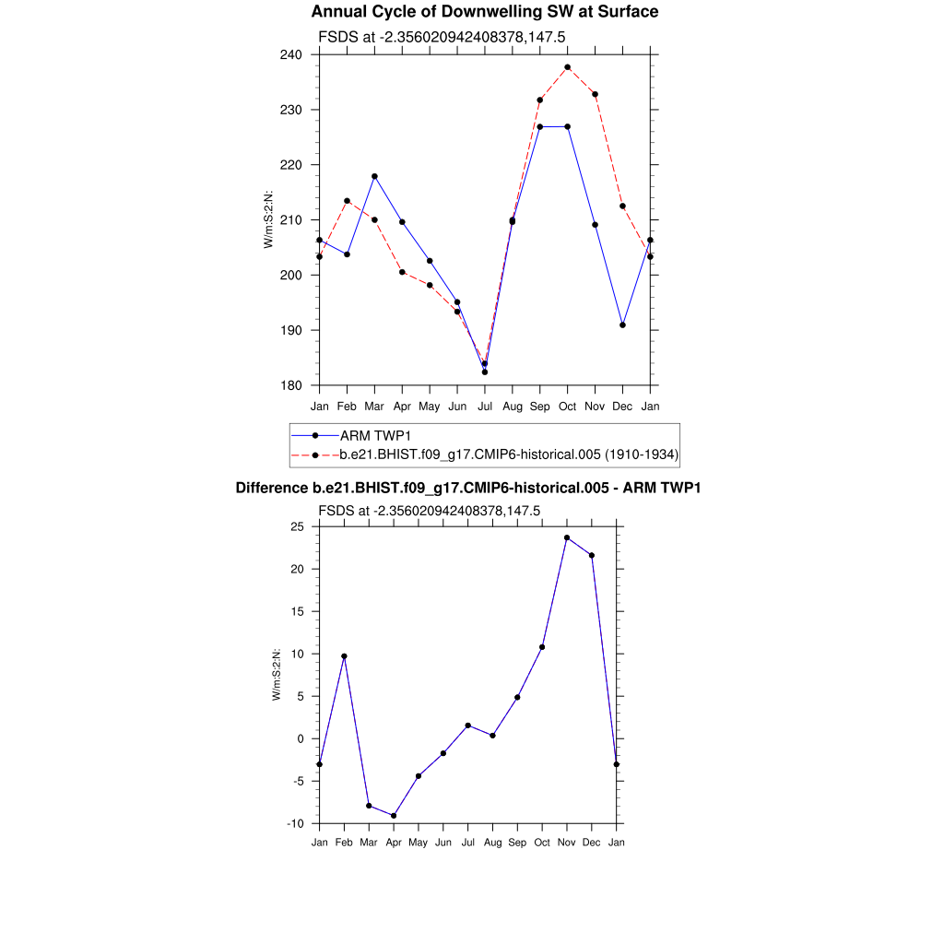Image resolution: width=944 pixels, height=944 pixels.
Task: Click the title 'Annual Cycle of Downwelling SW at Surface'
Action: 484,12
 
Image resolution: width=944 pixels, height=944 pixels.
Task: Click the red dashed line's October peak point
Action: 568,67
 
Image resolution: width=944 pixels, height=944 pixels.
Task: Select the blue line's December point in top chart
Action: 623,324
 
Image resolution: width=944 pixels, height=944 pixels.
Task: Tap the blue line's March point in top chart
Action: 374,176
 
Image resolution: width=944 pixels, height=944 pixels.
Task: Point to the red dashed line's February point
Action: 347,201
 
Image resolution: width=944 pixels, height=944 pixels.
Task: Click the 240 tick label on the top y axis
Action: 292,54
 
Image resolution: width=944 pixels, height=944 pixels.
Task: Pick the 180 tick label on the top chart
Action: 292,385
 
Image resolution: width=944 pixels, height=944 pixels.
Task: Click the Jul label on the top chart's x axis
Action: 485,407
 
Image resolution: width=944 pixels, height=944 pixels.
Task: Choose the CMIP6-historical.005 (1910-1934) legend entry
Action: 509,454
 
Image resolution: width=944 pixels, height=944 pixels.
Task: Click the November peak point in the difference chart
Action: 567,537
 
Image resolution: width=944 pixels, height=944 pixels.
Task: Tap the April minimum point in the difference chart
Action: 394,816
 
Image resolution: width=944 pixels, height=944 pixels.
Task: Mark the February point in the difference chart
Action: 344,656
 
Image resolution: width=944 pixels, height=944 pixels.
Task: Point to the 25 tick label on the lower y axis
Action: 297,526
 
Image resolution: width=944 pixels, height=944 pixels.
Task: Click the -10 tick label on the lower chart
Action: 295,823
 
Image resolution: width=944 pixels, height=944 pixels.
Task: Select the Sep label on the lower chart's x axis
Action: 517,844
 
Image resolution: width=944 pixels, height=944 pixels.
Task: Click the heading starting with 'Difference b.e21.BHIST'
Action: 468,488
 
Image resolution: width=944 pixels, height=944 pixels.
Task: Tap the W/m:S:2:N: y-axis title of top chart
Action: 268,219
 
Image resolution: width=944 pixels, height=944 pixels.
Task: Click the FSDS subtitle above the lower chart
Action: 429,510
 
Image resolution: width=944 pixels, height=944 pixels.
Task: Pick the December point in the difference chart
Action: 592,555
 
